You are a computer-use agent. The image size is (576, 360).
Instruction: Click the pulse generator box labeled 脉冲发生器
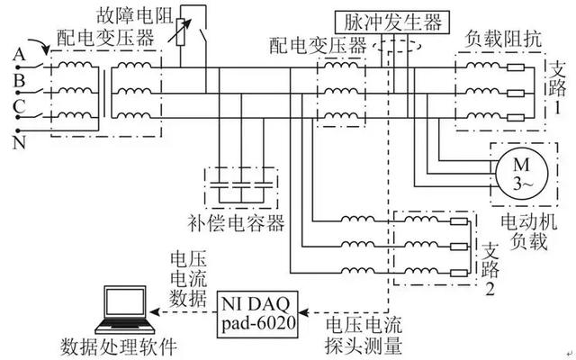click(392, 22)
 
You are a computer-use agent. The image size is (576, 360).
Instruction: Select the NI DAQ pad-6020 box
click(257, 314)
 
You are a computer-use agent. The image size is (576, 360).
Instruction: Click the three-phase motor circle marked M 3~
click(522, 174)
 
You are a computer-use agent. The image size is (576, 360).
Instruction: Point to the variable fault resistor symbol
click(180, 32)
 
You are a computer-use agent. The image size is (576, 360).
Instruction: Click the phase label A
click(19, 55)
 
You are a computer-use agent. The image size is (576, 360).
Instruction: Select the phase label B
click(19, 81)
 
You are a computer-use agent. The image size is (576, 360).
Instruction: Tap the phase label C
click(19, 106)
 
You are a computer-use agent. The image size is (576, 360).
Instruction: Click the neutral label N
click(19, 142)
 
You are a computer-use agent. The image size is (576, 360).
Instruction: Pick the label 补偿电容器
click(236, 222)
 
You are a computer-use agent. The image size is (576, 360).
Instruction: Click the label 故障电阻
click(135, 15)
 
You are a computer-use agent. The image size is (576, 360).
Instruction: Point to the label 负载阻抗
click(503, 39)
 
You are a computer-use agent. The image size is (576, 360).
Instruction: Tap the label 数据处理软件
click(119, 346)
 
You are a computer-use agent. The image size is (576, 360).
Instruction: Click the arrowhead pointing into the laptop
click(154, 312)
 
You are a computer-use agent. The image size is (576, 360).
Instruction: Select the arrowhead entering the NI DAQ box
click(303, 312)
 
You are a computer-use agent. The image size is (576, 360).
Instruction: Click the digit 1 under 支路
click(557, 108)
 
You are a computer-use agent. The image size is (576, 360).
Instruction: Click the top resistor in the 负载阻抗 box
click(516, 67)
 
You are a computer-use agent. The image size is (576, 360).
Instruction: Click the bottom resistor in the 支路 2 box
click(459, 273)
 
